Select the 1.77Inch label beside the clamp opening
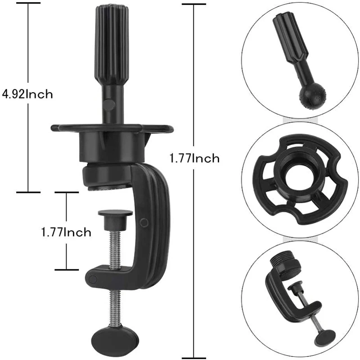click(x=66, y=232)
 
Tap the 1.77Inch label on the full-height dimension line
click(x=194, y=158)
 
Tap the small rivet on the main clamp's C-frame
click(x=144, y=221)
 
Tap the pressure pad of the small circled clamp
click(x=297, y=286)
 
